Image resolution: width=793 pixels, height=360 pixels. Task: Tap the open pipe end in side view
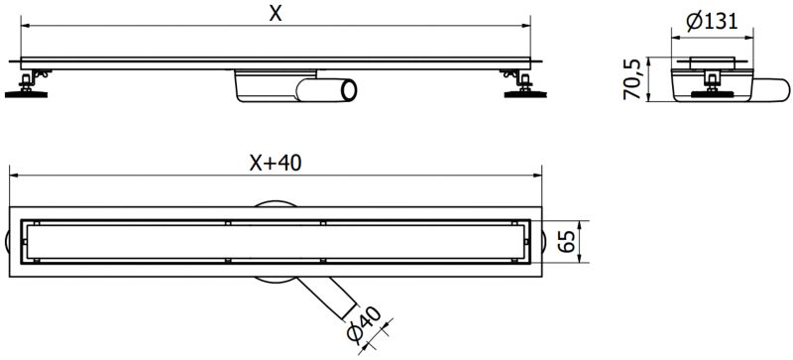(348, 93)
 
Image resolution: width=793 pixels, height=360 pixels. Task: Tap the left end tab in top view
(13, 239)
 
